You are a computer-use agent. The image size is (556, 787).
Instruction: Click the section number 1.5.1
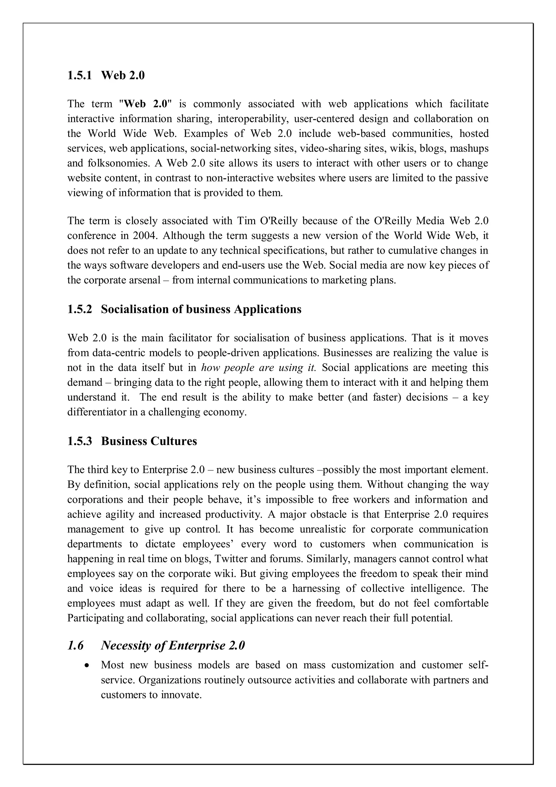click(x=80, y=76)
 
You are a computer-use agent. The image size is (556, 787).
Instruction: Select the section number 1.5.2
click(x=80, y=309)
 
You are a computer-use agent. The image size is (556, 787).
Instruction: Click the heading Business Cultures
click(x=149, y=441)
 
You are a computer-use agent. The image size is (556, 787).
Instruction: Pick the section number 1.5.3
click(x=80, y=441)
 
